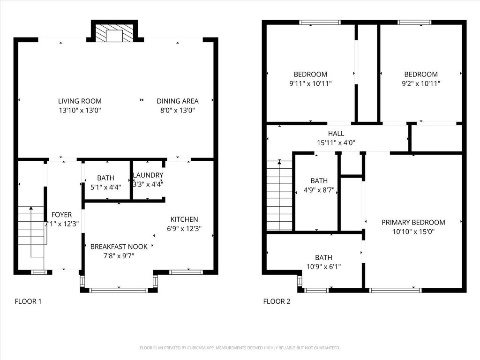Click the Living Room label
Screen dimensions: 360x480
click(x=80, y=101)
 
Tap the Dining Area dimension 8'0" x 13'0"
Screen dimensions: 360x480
click(x=178, y=111)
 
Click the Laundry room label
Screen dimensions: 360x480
click(x=148, y=175)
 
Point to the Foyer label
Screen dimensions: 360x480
click(x=61, y=215)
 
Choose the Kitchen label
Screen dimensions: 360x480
click(x=184, y=219)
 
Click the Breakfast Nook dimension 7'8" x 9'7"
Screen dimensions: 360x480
click(x=119, y=256)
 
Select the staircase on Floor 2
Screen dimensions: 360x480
click(x=279, y=195)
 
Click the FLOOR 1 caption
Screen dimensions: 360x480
click(x=28, y=301)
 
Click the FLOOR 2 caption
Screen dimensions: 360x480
click(x=277, y=301)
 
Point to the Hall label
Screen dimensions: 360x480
click(x=336, y=134)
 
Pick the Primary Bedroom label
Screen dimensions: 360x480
click(x=413, y=222)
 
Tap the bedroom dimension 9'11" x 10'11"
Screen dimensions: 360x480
click(x=310, y=83)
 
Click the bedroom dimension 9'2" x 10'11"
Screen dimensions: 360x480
click(x=421, y=83)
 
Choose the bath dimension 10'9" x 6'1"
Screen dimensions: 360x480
click(x=323, y=267)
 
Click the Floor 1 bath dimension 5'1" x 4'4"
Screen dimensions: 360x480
click(x=105, y=187)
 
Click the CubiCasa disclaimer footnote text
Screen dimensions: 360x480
click(x=240, y=348)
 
